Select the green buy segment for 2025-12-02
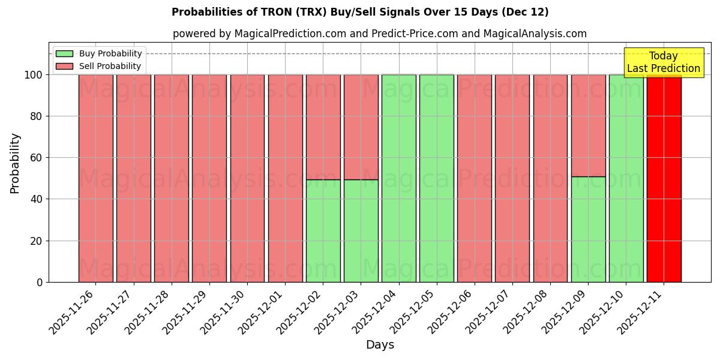[323, 231]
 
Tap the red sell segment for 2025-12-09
[588, 125]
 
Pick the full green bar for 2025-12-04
[398, 178]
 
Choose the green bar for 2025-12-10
[626, 178]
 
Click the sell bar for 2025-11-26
[95, 178]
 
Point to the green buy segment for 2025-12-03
[361, 231]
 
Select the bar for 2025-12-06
[474, 178]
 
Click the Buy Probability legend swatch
[64, 53]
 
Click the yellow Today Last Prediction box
[663, 62]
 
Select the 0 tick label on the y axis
[40, 282]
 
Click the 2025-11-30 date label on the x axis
[225, 312]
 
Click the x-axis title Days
[380, 345]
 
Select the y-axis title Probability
[15, 163]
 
